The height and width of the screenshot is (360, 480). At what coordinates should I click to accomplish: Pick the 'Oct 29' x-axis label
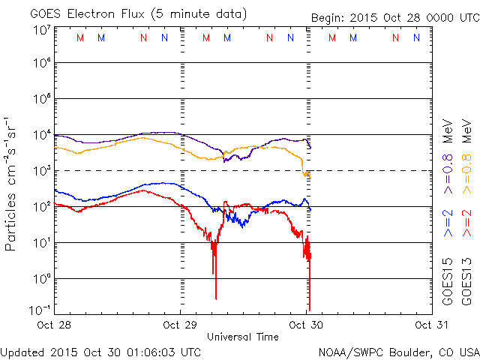click(x=180, y=325)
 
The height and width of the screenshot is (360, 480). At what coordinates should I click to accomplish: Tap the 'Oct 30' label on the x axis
click(x=304, y=325)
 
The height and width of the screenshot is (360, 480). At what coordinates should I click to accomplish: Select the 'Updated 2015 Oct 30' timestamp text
click(x=100, y=351)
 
